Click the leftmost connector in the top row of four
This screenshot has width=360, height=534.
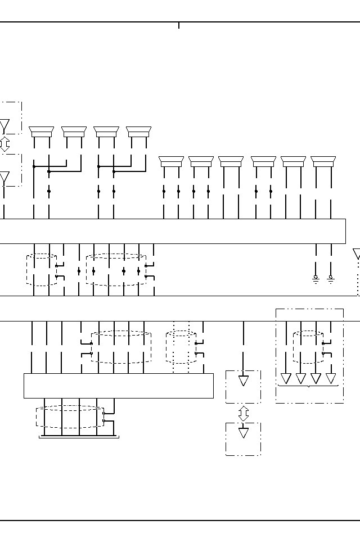click(x=41, y=132)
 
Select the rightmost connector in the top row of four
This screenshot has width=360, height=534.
click(x=139, y=132)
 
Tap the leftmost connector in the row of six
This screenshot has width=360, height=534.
click(x=172, y=162)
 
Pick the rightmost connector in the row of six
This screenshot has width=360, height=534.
click(x=323, y=162)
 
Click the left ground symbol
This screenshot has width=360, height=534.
click(x=316, y=279)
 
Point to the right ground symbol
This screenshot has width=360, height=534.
click(x=331, y=279)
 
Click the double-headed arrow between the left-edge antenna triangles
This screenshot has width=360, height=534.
click(x=4, y=144)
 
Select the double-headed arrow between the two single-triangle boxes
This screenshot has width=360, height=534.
click(x=244, y=413)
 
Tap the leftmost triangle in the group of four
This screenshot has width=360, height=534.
click(x=286, y=378)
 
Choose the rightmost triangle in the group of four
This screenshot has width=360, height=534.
click(x=331, y=378)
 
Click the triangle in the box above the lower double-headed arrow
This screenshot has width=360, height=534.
click(x=244, y=381)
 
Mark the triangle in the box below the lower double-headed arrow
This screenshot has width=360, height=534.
click(x=244, y=433)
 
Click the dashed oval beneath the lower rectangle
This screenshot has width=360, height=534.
click(x=70, y=417)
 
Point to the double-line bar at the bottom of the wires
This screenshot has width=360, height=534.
click(x=79, y=436)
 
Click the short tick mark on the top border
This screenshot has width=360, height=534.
click(x=179, y=25)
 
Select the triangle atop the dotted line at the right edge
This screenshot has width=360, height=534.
click(x=357, y=254)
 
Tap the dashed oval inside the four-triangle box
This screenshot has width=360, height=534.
click(x=308, y=347)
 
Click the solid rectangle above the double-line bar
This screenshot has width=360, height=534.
click(x=118, y=386)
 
